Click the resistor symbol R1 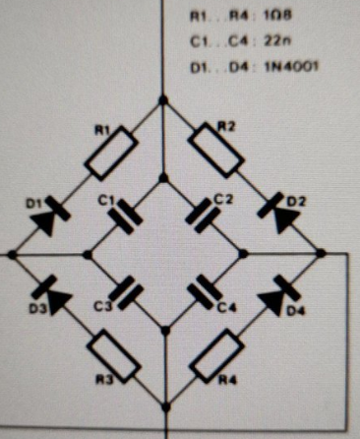[x=111, y=153]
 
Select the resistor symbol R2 [x=216, y=151]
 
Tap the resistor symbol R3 [x=114, y=356]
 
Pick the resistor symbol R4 [x=217, y=355]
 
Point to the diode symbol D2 [x=278, y=213]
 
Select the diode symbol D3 [x=52, y=295]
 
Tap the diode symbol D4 [x=278, y=295]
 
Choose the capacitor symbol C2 [x=203, y=216]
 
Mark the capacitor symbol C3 [x=126, y=293]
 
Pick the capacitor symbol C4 [x=205, y=292]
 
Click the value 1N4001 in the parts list [x=291, y=67]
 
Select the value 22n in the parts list [x=277, y=41]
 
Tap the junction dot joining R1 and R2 [x=163, y=100]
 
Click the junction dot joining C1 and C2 [x=163, y=178]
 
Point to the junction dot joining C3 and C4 [x=165, y=331]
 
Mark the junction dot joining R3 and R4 [x=166, y=408]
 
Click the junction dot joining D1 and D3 [x=12, y=255]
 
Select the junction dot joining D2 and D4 [x=321, y=253]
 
